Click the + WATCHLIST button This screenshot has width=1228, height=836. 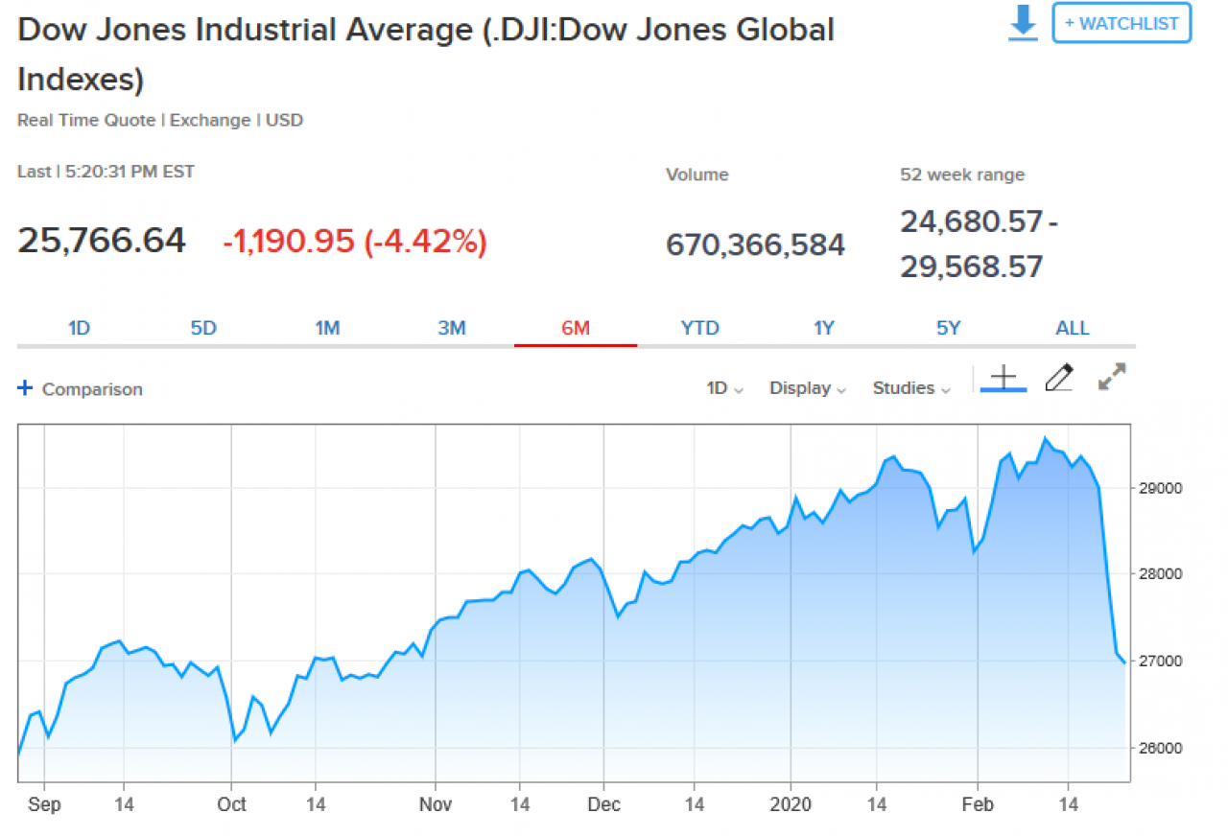[1122, 23]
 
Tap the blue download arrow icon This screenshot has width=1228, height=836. [1024, 23]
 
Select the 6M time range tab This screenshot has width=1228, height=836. [576, 328]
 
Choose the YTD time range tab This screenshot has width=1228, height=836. [699, 328]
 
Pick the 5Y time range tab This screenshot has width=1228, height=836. [948, 328]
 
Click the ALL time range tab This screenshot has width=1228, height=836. [1072, 328]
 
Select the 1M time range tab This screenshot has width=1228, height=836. [327, 328]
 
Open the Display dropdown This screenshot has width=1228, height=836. [807, 388]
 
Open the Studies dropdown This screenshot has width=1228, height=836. [910, 388]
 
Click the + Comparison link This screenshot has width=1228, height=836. [81, 389]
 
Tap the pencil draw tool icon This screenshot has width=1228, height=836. [1058, 378]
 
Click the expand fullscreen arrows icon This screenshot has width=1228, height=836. [1112, 377]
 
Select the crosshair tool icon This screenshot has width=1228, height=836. [1003, 378]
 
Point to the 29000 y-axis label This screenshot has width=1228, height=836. [1161, 488]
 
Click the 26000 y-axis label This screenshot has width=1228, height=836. [1161, 748]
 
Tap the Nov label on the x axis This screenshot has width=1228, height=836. [436, 804]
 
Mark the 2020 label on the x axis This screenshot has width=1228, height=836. [791, 804]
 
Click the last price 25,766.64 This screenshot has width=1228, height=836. [102, 241]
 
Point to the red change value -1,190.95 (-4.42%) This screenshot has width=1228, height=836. [355, 242]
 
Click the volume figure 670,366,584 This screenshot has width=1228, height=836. [755, 244]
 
